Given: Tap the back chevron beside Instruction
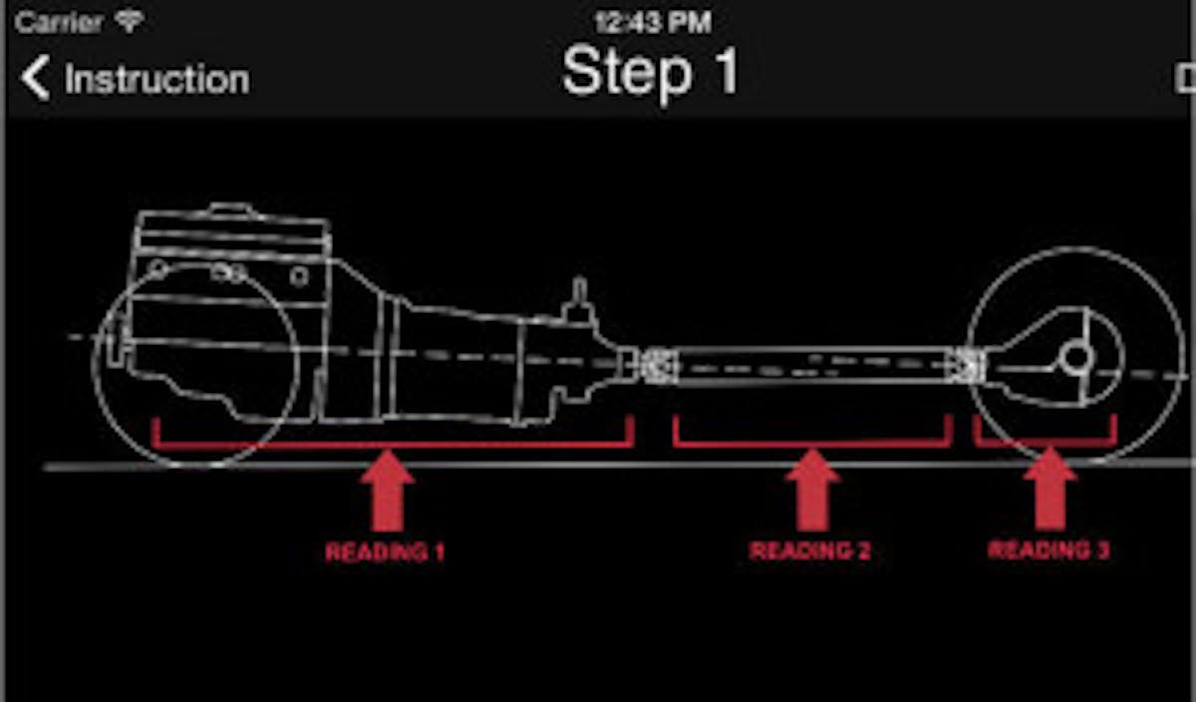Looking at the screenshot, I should (36, 79).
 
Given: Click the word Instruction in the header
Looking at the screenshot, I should (156, 80).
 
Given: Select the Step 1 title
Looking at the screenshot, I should (650, 72).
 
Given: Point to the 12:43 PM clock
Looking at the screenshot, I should (652, 22).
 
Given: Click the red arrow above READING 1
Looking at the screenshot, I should (387, 491).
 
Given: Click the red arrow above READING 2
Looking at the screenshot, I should (812, 490).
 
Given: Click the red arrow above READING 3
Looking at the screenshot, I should (1049, 490).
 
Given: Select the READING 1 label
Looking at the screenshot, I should (385, 551).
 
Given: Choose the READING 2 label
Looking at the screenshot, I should (809, 550).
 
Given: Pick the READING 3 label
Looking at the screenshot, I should (1048, 549).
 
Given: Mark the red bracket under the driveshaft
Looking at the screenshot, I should (812, 439).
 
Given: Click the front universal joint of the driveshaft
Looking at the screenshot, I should (659, 365).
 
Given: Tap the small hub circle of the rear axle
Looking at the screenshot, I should (1075, 357).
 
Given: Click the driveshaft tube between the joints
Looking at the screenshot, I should (812, 365).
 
